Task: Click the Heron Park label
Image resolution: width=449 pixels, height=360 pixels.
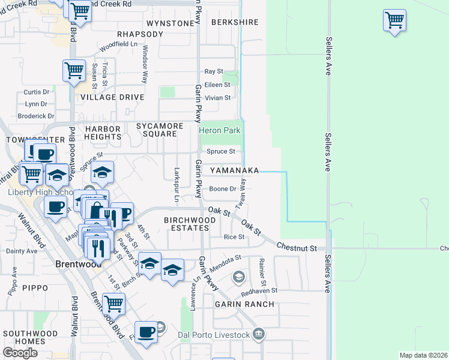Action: pos(220,130)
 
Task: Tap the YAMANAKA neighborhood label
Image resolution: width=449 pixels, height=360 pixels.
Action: pos(234,170)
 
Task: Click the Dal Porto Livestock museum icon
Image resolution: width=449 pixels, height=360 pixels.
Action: pos(259,334)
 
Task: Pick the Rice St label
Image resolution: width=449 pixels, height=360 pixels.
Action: pos(234,237)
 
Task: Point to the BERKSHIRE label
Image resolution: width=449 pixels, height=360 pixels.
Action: pos(235,22)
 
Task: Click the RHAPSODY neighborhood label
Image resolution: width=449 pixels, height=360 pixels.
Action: pos(140,34)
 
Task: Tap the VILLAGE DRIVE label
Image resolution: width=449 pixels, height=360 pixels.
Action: pos(112,97)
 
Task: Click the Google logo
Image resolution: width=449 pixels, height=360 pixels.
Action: pos(20,353)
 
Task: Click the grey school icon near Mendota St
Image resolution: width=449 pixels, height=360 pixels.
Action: pos(239,276)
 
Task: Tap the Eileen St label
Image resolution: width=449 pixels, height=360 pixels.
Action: pos(217,85)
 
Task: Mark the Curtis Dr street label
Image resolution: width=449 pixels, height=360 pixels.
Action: pos(36,92)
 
